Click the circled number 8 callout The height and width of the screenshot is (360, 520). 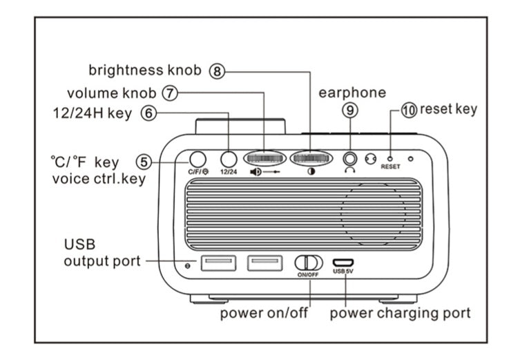[218, 70]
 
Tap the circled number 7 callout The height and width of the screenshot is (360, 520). [169, 92]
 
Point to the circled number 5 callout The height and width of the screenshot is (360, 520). [144, 162]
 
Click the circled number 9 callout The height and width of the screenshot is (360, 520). [351, 109]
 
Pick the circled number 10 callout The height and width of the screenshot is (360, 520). [410, 109]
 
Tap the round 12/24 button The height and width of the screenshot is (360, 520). [228, 158]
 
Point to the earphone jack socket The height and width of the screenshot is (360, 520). [351, 158]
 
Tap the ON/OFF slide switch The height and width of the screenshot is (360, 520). [309, 263]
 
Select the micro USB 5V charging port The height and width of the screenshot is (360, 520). [343, 263]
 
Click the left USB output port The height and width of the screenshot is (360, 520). [218, 263]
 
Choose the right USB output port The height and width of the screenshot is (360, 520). [265, 263]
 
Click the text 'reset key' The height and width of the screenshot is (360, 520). [448, 108]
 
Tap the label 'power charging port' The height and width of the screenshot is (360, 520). [400, 313]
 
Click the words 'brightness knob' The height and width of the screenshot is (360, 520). [145, 70]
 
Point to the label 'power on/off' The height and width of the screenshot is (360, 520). [264, 313]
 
